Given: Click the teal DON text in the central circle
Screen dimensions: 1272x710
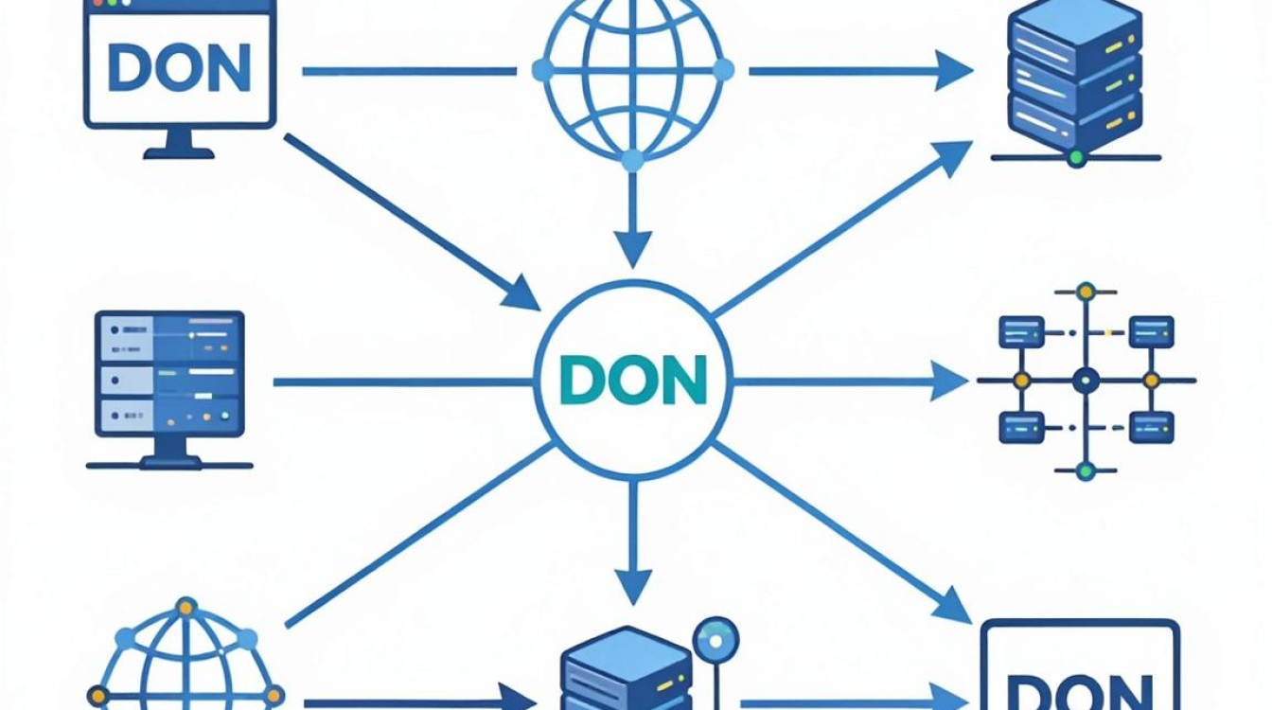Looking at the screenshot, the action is [x=633, y=380].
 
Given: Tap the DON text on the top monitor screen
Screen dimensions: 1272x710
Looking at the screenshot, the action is [x=180, y=67].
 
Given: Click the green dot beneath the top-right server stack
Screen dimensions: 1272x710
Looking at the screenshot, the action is [x=1076, y=157].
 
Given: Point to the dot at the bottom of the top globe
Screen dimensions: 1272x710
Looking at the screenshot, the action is [x=632, y=161].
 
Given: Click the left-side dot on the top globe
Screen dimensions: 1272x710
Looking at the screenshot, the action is [x=542, y=70].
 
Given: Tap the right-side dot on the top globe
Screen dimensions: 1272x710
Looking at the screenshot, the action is [x=723, y=70].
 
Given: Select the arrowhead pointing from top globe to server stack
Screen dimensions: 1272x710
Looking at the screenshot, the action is [x=954, y=70].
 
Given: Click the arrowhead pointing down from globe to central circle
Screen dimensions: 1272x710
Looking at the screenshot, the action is [x=632, y=249].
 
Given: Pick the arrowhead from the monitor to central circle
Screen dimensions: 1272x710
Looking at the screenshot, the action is [x=521, y=294].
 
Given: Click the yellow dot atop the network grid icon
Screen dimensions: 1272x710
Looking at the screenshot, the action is [x=1086, y=292].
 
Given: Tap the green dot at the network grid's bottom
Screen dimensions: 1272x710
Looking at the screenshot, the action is [x=1086, y=470].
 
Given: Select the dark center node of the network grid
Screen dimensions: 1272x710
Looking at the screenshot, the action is [x=1086, y=380].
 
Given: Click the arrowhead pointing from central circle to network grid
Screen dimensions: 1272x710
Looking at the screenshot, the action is [x=949, y=381].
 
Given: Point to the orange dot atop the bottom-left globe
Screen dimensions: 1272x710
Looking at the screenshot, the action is [x=185, y=608].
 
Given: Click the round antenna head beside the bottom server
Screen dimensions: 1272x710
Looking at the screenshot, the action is [x=715, y=641].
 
